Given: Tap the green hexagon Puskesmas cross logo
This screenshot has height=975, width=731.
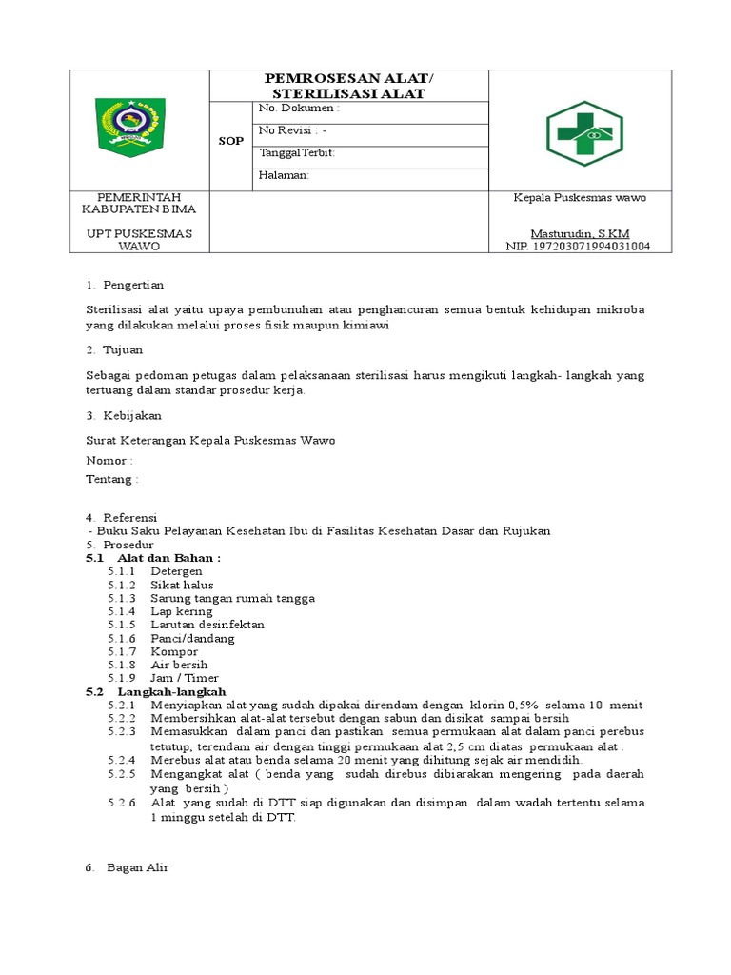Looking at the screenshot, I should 583,133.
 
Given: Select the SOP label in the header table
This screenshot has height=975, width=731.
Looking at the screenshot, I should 230,141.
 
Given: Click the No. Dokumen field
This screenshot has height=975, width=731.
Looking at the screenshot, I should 299,109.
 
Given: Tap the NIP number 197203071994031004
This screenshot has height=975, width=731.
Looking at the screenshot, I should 579,246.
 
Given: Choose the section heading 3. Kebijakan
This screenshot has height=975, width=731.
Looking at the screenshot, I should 124,415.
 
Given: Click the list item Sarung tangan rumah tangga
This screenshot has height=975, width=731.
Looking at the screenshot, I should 232,598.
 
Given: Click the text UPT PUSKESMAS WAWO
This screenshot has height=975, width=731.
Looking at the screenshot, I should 139,239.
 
